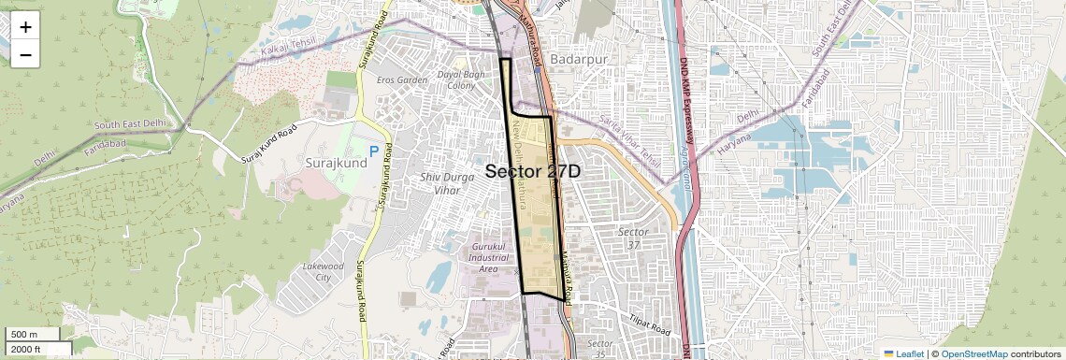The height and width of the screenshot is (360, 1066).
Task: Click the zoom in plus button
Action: pyautogui.click(x=25, y=27)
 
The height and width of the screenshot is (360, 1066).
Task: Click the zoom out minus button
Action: pyautogui.click(x=25, y=54)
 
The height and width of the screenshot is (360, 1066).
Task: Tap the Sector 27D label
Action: pyautogui.click(x=533, y=172)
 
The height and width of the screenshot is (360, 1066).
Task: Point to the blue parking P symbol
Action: pyautogui.click(x=374, y=150)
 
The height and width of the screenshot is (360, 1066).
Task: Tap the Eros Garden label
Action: pyautogui.click(x=402, y=80)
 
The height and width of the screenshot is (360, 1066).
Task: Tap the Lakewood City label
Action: pyautogui.click(x=324, y=272)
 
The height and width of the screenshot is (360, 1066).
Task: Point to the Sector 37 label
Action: pyautogui.click(x=633, y=238)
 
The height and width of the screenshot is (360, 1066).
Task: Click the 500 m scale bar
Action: pyautogui.click(x=33, y=335)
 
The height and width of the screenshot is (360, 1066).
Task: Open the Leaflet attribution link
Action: pyautogui.click(x=904, y=354)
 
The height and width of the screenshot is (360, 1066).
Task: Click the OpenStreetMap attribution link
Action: pyautogui.click(x=973, y=354)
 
